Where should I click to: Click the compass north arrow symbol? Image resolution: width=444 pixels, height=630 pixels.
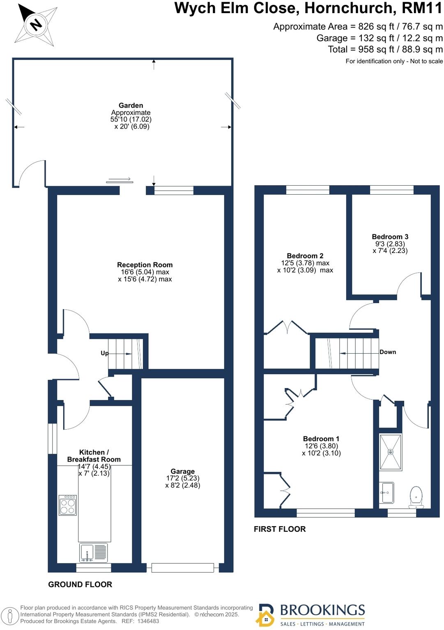35,25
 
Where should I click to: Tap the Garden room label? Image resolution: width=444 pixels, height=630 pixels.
131,106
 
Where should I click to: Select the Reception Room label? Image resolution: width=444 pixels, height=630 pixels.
145,265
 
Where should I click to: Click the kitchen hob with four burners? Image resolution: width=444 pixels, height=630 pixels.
68,505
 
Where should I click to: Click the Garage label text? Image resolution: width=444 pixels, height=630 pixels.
182,471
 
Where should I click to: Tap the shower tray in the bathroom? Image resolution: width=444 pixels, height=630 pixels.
390,452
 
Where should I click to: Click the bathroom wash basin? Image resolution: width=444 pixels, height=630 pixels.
386,492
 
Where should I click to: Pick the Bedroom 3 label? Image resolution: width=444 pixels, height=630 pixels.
390,237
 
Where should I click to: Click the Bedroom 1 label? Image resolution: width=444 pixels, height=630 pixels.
321,439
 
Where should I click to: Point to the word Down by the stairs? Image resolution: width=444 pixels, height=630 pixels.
387,352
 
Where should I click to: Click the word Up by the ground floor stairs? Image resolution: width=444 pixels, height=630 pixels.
105,353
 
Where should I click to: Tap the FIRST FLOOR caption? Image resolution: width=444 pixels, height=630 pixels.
279,529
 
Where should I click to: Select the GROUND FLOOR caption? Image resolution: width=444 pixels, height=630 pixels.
80,584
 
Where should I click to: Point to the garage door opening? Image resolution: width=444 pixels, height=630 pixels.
183,568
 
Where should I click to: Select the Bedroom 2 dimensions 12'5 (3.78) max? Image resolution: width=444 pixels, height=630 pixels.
305,263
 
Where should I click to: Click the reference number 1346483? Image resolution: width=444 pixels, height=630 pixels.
148,621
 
